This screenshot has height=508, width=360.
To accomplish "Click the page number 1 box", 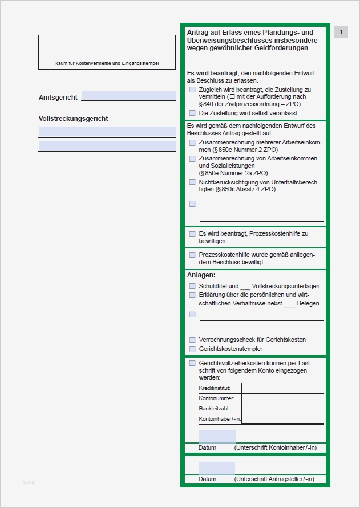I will pos(341,33).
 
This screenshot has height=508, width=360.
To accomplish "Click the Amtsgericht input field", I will pos(128,96).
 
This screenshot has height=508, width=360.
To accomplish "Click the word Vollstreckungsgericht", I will pos(73,119).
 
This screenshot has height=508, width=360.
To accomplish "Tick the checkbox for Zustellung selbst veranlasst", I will pos(192,113).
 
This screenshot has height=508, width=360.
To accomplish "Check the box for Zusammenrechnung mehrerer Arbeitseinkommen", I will pos(192,142).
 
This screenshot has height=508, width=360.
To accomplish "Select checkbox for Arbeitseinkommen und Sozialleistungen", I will pos(192,158).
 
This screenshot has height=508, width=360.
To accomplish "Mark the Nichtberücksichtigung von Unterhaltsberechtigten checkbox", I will pos(192,182).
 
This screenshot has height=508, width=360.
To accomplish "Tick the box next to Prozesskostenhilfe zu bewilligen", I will pos(192,233).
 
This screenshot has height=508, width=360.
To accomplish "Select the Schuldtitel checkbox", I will pos(192,286).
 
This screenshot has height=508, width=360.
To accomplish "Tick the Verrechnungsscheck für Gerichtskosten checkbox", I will pos(192,340).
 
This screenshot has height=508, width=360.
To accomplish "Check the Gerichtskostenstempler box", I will pos(192,349).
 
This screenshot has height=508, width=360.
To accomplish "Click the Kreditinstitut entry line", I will pos(282,388).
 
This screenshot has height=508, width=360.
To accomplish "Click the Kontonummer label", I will pos(213,398).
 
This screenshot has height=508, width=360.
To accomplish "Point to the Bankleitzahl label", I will pos(214,409).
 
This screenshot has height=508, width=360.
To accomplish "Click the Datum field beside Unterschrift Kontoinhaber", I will pos(217,437).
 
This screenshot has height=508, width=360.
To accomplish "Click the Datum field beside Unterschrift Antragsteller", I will pos(217,468).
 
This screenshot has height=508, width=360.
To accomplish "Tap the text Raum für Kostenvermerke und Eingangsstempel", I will pos(107,63).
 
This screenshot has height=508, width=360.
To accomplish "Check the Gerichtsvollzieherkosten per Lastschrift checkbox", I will pos(192,363).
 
